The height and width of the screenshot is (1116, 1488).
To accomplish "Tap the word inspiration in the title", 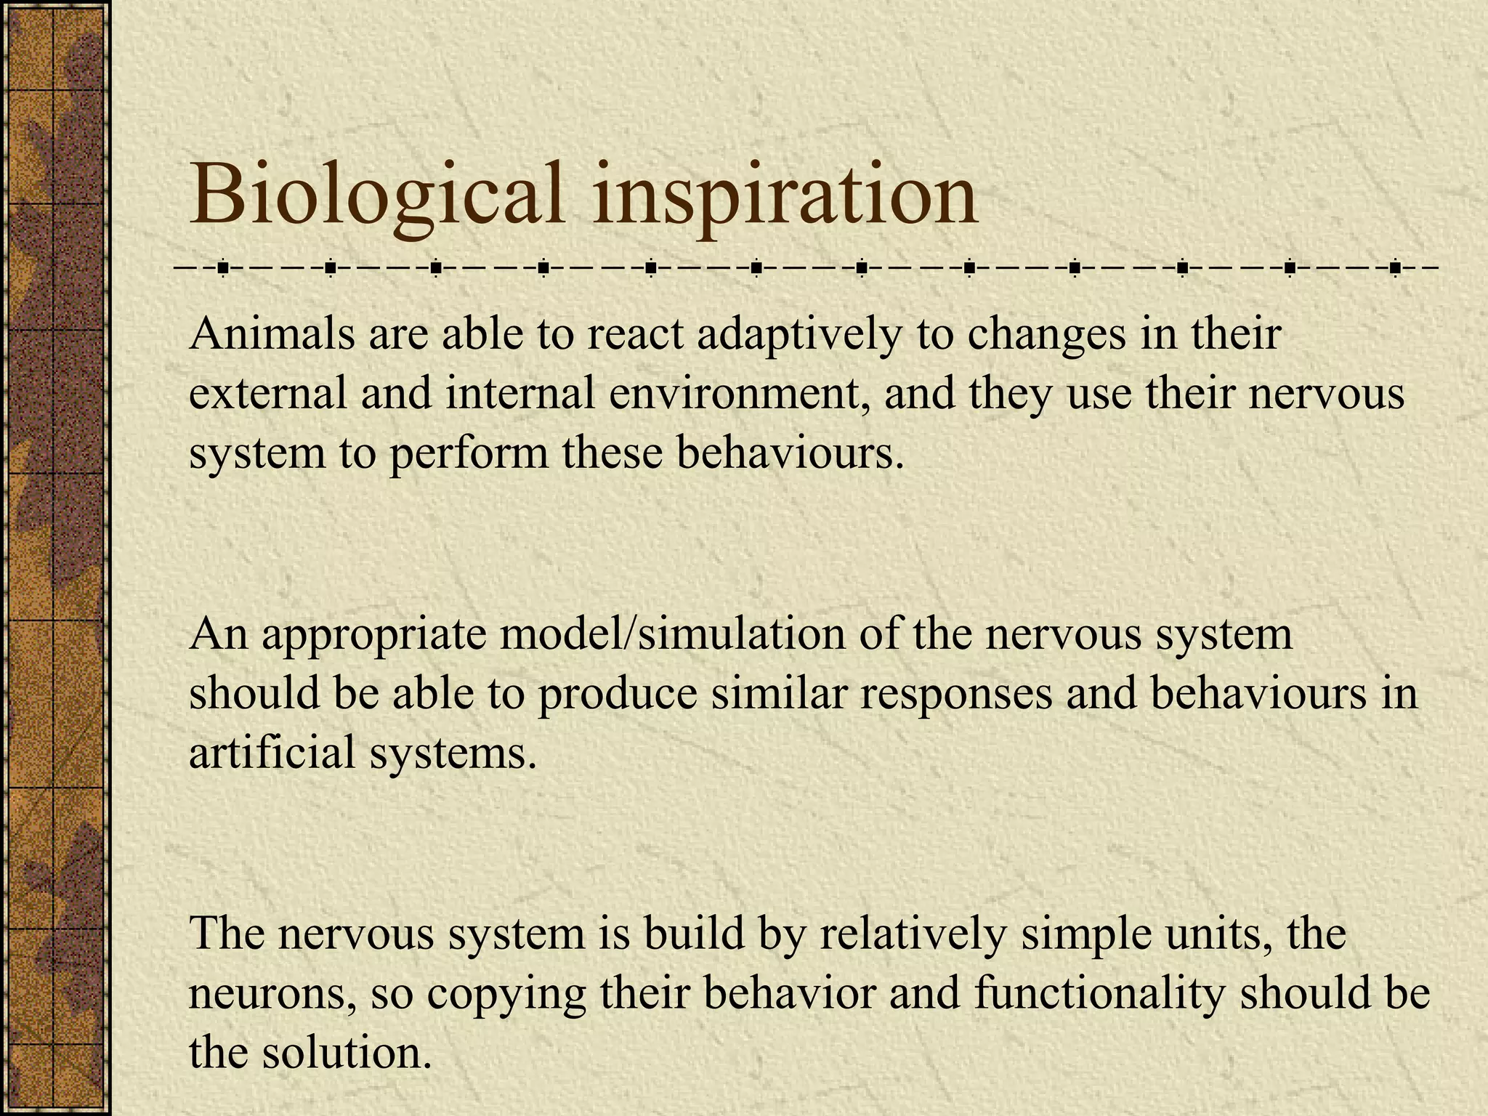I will coord(785,196).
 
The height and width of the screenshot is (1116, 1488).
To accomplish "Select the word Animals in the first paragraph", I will coord(272,334).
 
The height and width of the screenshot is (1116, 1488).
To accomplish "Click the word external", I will coord(268,394).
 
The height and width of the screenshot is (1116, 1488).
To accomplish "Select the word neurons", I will coord(272,995).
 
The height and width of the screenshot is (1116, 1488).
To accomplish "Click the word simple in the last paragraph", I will coord(1075,935).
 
